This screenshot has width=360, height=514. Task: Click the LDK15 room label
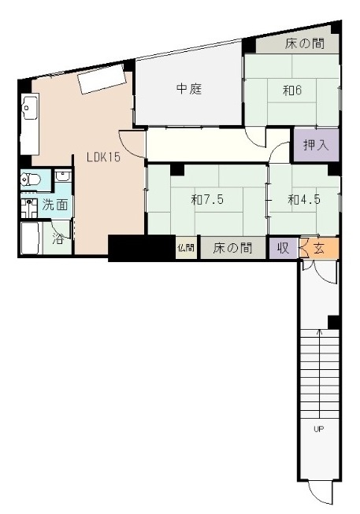[103, 157]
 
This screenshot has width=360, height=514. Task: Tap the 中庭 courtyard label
[189, 89]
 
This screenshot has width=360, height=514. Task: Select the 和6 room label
[294, 90]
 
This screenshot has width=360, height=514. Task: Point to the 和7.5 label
[207, 200]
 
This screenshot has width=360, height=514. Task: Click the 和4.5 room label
[303, 200]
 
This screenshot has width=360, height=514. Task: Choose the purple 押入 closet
[310, 145]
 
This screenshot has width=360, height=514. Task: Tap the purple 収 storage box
[282, 248]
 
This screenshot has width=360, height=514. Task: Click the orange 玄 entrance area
[324, 248]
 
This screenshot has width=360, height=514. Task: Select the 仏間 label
[186, 248]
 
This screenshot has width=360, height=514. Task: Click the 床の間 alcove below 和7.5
[232, 248]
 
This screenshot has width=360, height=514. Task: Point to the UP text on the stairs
[319, 429]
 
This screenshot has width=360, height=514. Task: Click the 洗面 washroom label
[54, 205]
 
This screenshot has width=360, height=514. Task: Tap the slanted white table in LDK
[102, 79]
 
